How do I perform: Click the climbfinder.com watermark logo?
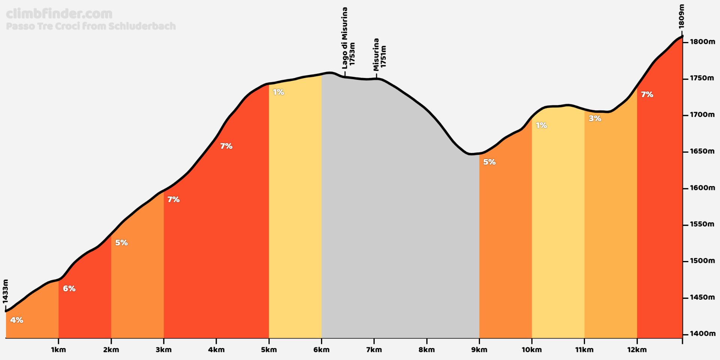pyautogui.click(x=59, y=14)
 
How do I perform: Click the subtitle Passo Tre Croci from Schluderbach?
pyautogui.click(x=91, y=26)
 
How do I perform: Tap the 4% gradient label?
pyautogui.click(x=16, y=320)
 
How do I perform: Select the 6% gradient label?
pyautogui.click(x=69, y=288)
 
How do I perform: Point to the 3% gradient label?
pyautogui.click(x=595, y=118)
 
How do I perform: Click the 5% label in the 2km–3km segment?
pyautogui.click(x=121, y=243)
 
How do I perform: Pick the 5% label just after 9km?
pyautogui.click(x=489, y=162)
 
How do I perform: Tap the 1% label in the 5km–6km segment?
pyautogui.click(x=278, y=92)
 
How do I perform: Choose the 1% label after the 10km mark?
pyautogui.click(x=541, y=126)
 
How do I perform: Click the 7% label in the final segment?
pyautogui.click(x=647, y=94)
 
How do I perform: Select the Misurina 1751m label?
pyautogui.click(x=379, y=54)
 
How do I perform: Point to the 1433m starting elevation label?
pyautogui.click(x=5, y=291)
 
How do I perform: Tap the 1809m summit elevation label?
pyautogui.click(x=681, y=16)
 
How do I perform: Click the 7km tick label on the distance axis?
pyautogui.click(x=374, y=350)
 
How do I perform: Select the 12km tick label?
pyautogui.click(x=637, y=350)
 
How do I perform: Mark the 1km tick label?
pyautogui.click(x=58, y=350)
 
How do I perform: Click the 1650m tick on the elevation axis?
pyautogui.click(x=702, y=151)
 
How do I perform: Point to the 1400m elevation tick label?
pyautogui.click(x=702, y=334)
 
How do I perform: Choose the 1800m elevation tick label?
pyautogui.click(x=702, y=42)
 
